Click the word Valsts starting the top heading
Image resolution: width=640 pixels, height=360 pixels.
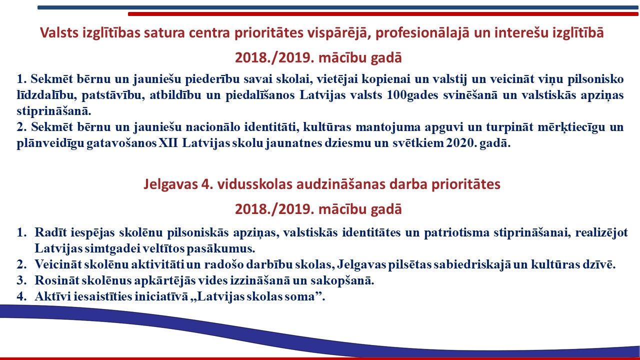[59, 32]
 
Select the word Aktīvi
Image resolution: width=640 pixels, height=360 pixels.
[53, 296]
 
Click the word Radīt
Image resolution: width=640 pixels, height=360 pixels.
[50, 232]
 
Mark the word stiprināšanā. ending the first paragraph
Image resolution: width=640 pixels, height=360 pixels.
[54, 111]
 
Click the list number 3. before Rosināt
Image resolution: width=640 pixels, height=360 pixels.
[21, 280]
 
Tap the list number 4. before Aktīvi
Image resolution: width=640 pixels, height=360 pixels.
[21, 296]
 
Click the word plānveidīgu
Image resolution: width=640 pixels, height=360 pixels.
[50, 143]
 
